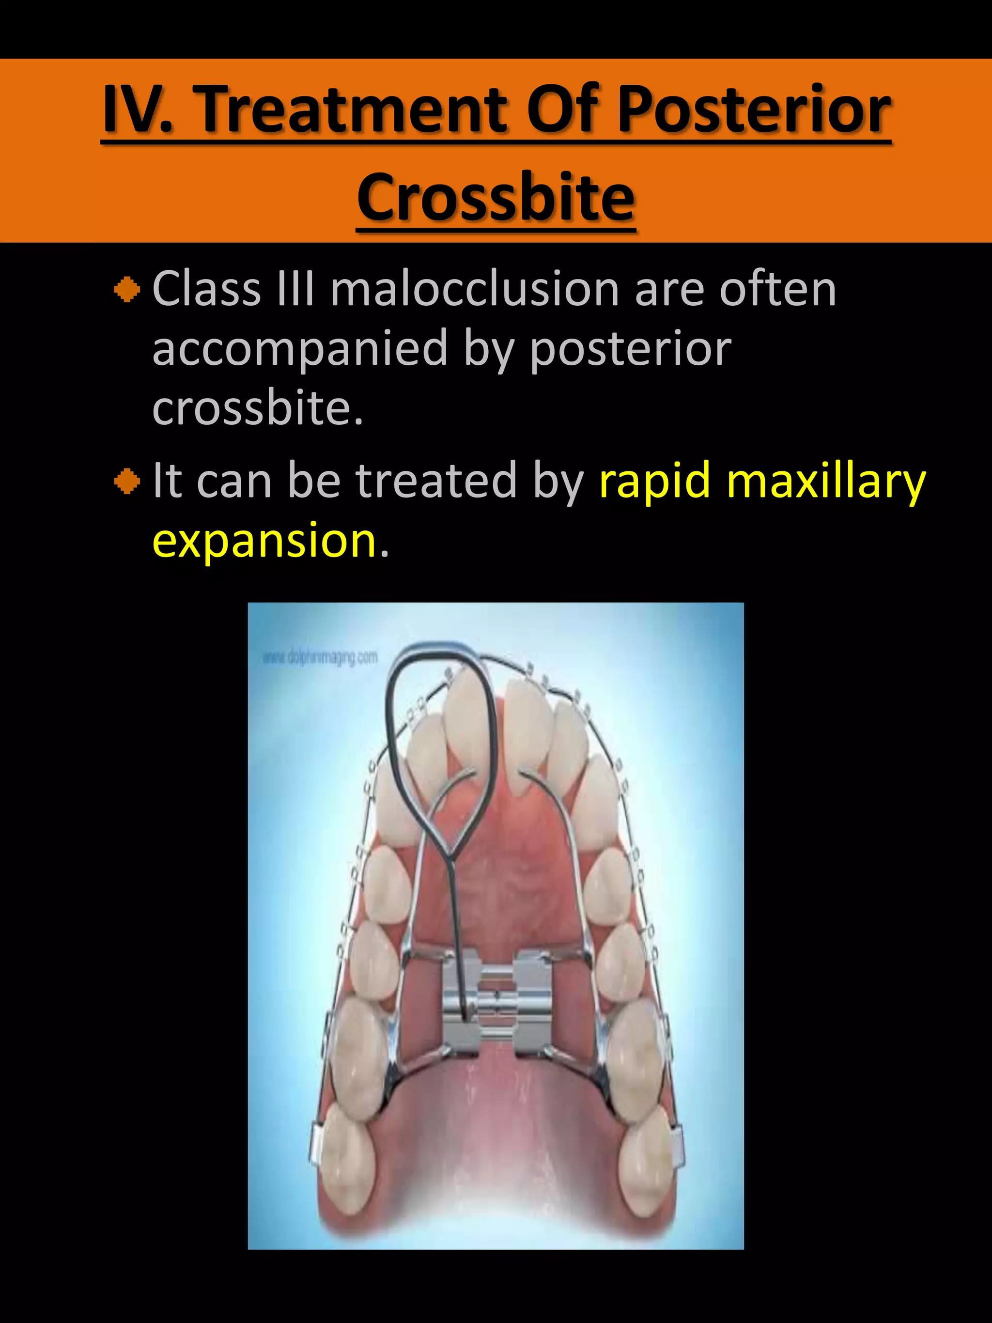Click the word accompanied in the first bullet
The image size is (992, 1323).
tap(299, 349)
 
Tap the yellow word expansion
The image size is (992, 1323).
tap(263, 540)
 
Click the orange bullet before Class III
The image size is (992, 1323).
tap(127, 291)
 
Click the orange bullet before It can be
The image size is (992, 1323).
tap(127, 482)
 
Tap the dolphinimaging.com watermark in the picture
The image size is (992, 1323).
tap(320, 658)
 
